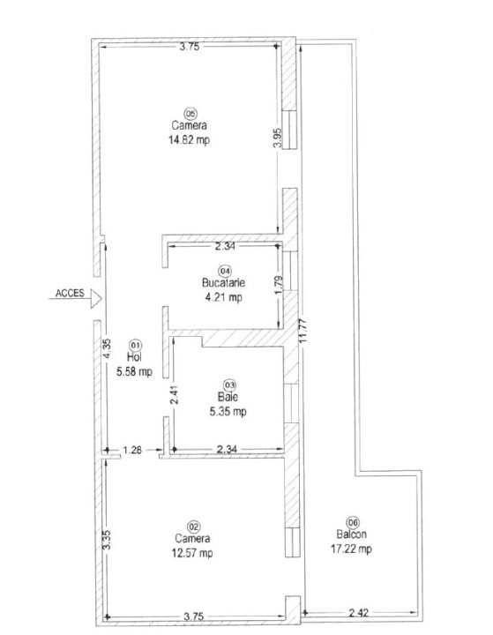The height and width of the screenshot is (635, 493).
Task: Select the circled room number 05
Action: point(189,112)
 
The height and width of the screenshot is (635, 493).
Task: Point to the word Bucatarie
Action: point(223,283)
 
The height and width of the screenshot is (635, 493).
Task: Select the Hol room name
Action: point(134,357)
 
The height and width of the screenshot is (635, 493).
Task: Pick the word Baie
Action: point(228,398)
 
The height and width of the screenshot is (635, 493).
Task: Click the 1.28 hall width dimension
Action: point(132,450)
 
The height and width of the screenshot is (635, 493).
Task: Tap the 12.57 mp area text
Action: point(191,553)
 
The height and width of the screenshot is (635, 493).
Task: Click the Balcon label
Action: point(352,534)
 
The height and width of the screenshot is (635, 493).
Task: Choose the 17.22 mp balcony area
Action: point(353,549)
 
